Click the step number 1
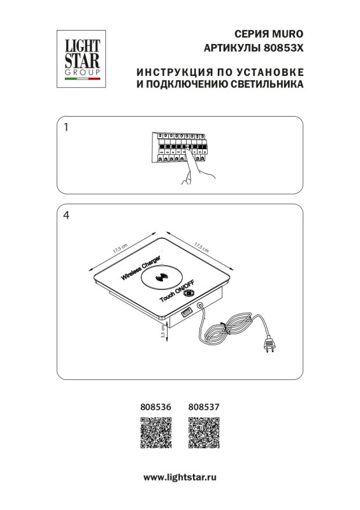click(x=66, y=127)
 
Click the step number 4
click(x=66, y=215)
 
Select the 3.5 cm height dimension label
click(x=162, y=332)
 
